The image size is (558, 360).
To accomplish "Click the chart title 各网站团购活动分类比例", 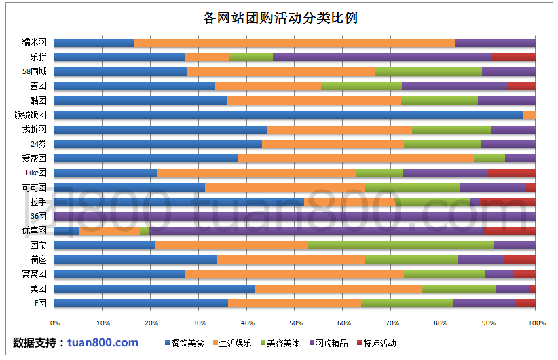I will coord(280,18).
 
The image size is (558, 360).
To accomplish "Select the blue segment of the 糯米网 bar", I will coord(94,43).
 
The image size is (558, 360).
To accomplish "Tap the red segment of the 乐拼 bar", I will coord(513,57).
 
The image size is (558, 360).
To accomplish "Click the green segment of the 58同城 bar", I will coord(428,71).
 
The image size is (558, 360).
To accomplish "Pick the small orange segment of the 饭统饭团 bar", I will coord(529,115).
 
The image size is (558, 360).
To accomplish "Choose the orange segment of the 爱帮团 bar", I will coord(356,158).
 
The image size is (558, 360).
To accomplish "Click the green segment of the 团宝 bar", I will coord(401,245).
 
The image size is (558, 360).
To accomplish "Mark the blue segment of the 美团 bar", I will coord(154,289).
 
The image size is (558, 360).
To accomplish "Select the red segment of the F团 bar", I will coord(525,303).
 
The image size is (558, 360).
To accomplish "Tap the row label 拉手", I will coord(38,202).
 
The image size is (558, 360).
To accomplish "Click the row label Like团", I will coord(36,173).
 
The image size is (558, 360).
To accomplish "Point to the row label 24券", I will coord(38,144).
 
